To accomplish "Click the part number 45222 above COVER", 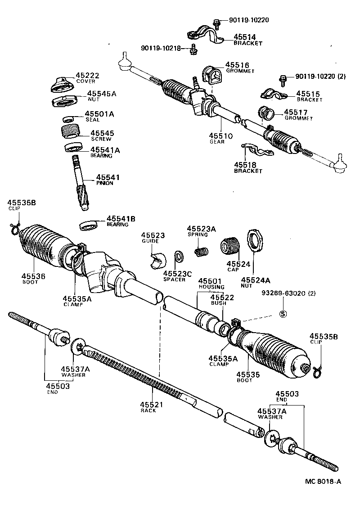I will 87,75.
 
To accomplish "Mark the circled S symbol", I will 283,314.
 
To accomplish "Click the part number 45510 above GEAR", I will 220,135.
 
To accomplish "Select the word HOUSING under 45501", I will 211,287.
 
